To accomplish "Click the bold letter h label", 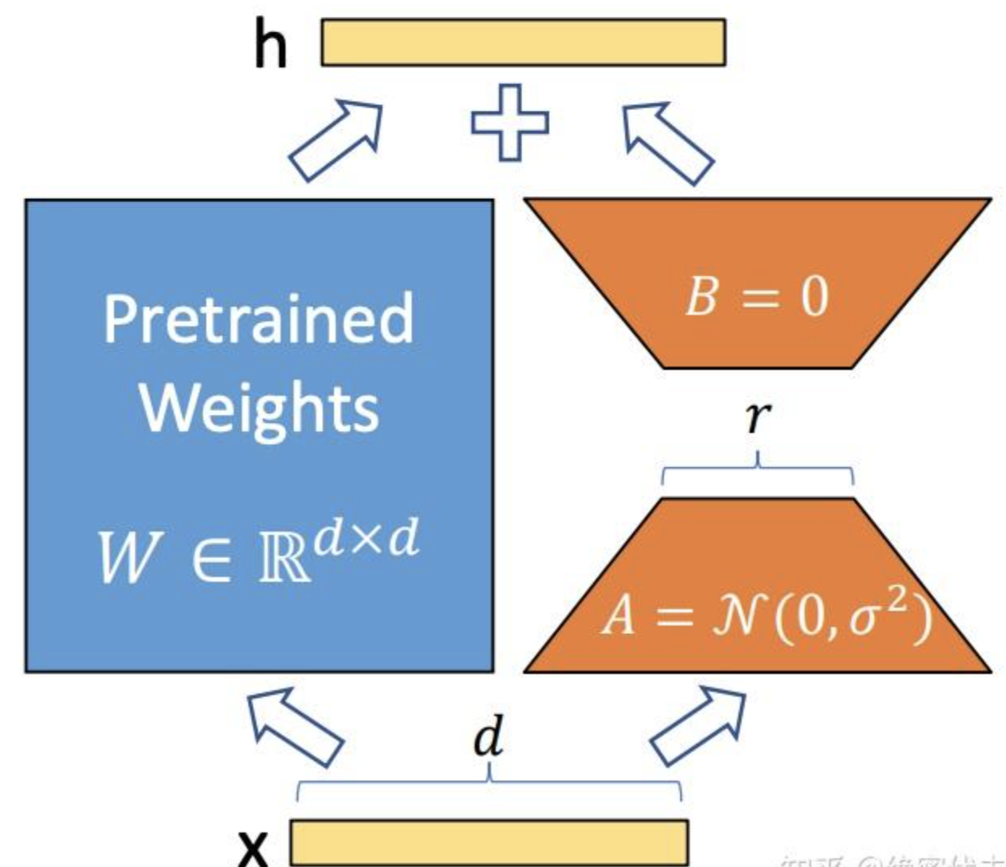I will [270, 45].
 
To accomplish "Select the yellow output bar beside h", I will [522, 42].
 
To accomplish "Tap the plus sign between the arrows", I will [509, 123].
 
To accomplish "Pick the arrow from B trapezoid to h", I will [667, 142].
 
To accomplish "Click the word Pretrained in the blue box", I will [258, 320].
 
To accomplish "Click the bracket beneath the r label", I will [757, 472].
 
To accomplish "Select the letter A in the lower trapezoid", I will [619, 617].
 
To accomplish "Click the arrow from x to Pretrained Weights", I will [294, 725].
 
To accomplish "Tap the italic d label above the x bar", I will [488, 737].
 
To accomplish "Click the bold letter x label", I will [253, 846].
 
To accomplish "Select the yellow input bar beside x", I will [488, 843].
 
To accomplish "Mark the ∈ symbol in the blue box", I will [211, 558].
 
